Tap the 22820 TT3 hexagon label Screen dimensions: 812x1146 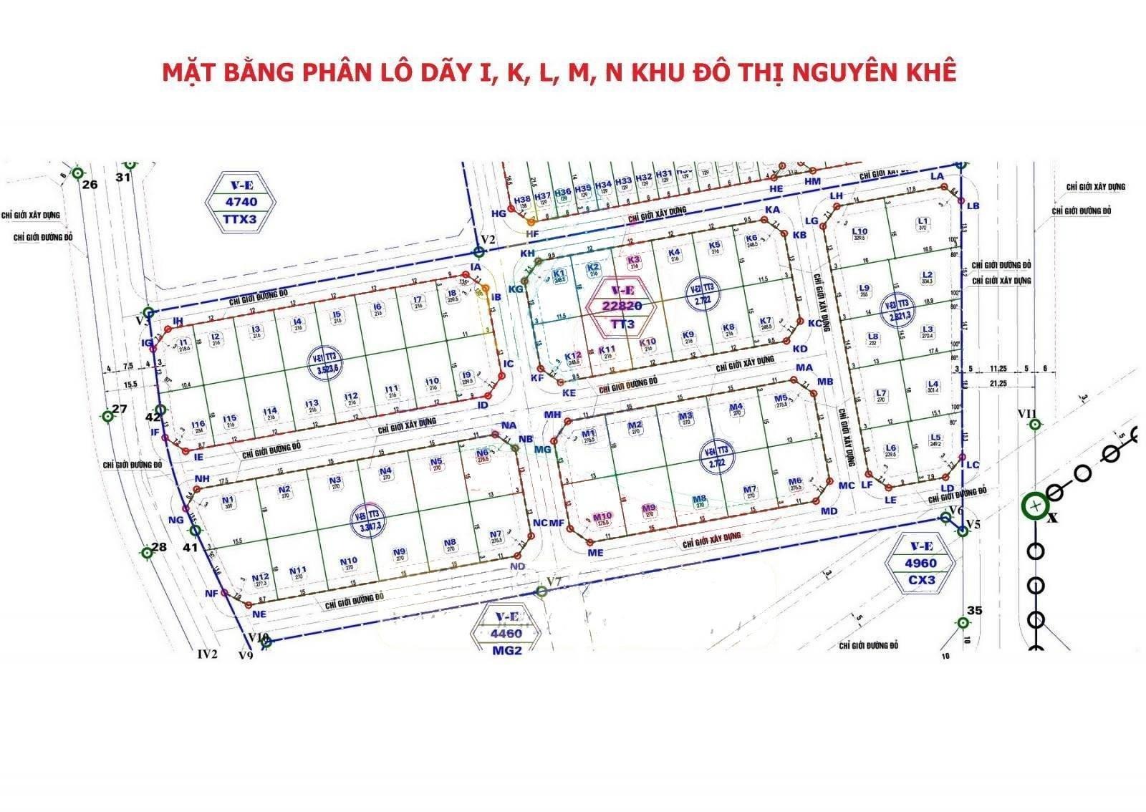[622, 306]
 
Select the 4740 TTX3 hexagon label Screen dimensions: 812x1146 [241, 202]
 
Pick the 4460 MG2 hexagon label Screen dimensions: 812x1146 [506, 634]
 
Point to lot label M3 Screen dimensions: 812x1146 [685, 416]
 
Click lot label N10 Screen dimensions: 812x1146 [349, 561]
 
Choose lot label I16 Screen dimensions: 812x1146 [198, 424]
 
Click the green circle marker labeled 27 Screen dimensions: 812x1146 [107, 415]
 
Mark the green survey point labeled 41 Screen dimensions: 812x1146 [196, 531]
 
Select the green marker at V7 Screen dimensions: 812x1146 [542, 591]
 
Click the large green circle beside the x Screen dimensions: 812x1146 [1035, 506]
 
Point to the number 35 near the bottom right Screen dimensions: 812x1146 [974, 611]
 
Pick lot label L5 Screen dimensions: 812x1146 [935, 438]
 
